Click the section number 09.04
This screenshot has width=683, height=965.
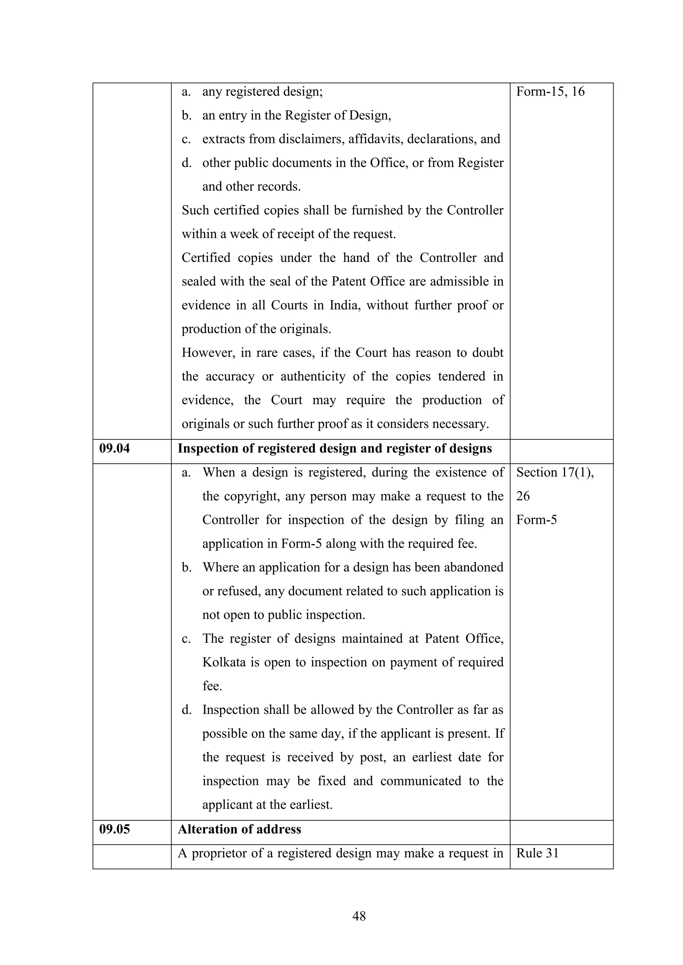point(114,448)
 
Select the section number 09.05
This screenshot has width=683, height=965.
point(114,829)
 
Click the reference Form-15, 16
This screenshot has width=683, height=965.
point(550,92)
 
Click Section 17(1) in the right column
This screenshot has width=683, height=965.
point(555,472)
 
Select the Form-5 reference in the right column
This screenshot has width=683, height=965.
point(536,520)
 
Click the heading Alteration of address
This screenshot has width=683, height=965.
point(239,829)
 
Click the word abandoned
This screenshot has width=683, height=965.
point(474,567)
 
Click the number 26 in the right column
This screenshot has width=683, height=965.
point(523,496)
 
